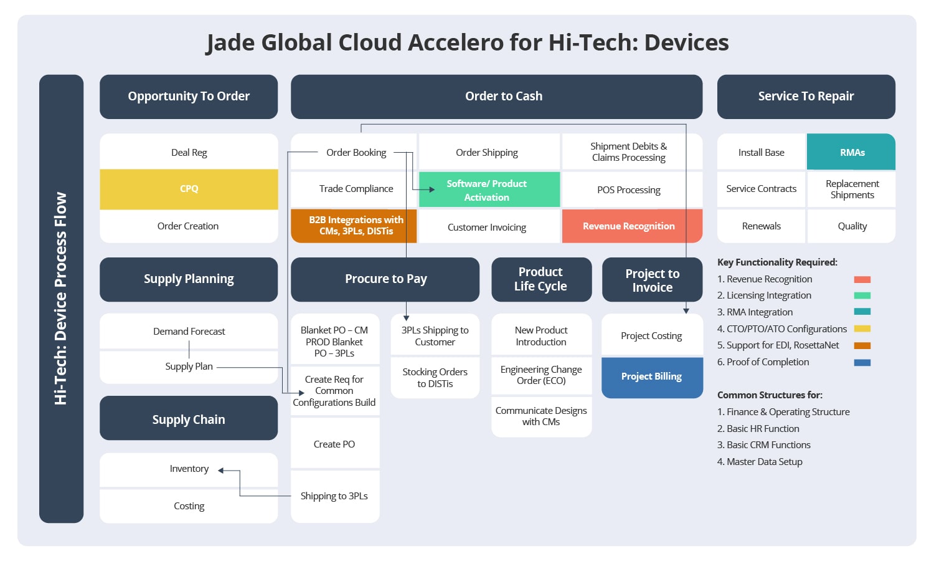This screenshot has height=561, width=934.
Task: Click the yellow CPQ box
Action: [189, 189]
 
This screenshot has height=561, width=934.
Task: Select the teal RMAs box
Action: [851, 152]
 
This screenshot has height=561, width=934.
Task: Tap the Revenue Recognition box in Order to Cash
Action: [632, 226]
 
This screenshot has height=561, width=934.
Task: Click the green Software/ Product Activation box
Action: [489, 189]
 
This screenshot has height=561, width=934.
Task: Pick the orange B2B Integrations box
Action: [354, 226]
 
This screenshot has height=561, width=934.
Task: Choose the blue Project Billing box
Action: [652, 377]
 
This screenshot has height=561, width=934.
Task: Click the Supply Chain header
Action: [189, 418]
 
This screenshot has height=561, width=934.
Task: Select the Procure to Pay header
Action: [385, 279]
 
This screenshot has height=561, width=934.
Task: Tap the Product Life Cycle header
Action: [541, 279]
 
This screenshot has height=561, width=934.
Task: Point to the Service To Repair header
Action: [806, 97]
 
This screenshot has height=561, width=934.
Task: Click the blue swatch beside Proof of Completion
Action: [862, 362]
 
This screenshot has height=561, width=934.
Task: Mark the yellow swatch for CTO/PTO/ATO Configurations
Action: [862, 328]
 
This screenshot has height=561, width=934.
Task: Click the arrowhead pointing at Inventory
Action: [221, 471]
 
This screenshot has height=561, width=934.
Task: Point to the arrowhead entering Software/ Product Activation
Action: [432, 189]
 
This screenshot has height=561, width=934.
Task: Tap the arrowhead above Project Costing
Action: [686, 311]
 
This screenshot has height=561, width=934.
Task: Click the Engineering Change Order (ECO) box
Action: [541, 375]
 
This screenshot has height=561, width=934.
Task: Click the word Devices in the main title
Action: [686, 42]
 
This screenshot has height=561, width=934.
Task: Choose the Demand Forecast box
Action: [189, 331]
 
